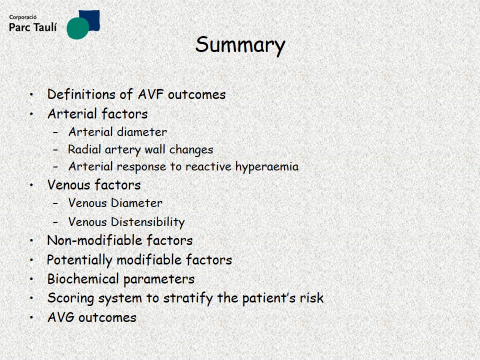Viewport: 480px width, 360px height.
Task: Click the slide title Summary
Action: (240, 45)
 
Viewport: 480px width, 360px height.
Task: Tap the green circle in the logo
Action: (77, 28)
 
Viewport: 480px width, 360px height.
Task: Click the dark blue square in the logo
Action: (90, 20)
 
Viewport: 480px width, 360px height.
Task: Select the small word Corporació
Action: (22, 17)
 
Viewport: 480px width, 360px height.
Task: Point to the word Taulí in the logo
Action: (44, 27)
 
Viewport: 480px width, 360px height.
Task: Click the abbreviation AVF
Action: (150, 94)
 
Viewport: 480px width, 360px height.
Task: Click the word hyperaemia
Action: (266, 167)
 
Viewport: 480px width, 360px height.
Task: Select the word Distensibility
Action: (148, 222)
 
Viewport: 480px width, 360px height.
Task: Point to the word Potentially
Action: (79, 260)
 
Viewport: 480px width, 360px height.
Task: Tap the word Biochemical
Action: (83, 279)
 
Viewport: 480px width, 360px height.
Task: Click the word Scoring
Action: (70, 298)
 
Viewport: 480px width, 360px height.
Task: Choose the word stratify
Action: (187, 298)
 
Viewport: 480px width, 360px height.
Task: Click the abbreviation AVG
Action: (61, 317)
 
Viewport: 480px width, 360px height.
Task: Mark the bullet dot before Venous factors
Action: (31, 185)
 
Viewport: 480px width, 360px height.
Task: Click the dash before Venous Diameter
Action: (55, 203)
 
